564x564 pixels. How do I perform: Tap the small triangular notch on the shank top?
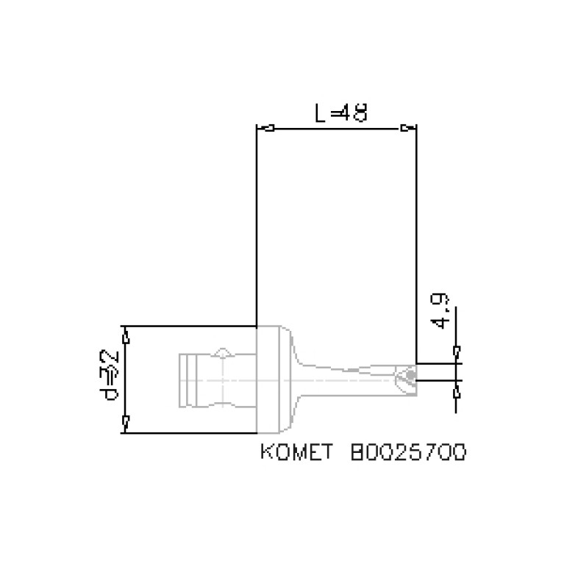click(x=222, y=351)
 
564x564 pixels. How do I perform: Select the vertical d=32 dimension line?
click(x=126, y=379)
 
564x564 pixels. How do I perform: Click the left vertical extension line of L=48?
click(x=255, y=221)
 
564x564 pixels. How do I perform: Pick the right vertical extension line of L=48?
click(x=416, y=243)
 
